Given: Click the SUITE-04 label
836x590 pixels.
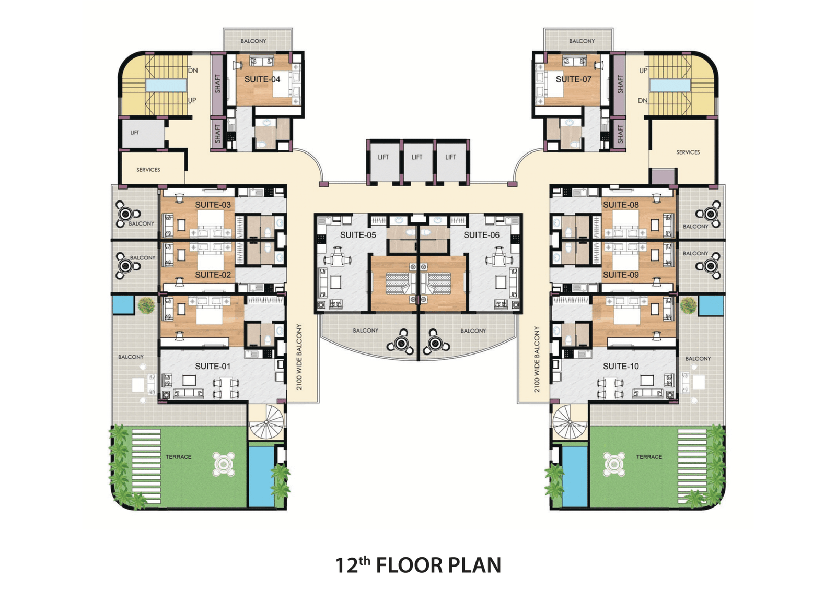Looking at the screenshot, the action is pos(262,79).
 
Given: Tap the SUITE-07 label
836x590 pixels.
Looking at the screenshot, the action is pos(574,79).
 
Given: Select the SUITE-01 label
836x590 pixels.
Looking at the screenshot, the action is pos(213,366).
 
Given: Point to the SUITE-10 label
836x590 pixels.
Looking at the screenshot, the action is pos(621,366).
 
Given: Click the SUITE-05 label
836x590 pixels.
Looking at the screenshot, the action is pos(358,235).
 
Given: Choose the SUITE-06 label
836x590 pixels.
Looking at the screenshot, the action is pos(481,235).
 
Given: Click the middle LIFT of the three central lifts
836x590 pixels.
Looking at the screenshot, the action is pos(417,157).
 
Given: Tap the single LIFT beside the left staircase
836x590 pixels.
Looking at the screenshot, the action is pos(135,133).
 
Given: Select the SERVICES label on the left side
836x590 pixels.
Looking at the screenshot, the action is pos(148,170).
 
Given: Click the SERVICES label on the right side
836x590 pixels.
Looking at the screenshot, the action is pos(688,152).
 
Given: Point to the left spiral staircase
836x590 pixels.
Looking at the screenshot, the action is pos(266,423).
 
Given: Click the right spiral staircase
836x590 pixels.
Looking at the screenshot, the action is pos(570,423).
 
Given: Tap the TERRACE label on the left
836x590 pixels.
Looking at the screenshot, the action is pos(178,457).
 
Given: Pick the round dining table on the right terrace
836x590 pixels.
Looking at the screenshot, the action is pos(614,464).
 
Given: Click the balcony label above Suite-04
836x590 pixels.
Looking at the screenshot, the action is pos(253,41).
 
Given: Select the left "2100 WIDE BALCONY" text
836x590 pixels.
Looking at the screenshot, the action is pos(299,357).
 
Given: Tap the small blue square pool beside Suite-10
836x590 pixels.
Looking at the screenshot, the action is pos(711,306).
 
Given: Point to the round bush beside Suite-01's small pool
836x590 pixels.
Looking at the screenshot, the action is pos(146,305).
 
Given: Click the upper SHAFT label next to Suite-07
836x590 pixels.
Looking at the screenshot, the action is pos(620,84).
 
